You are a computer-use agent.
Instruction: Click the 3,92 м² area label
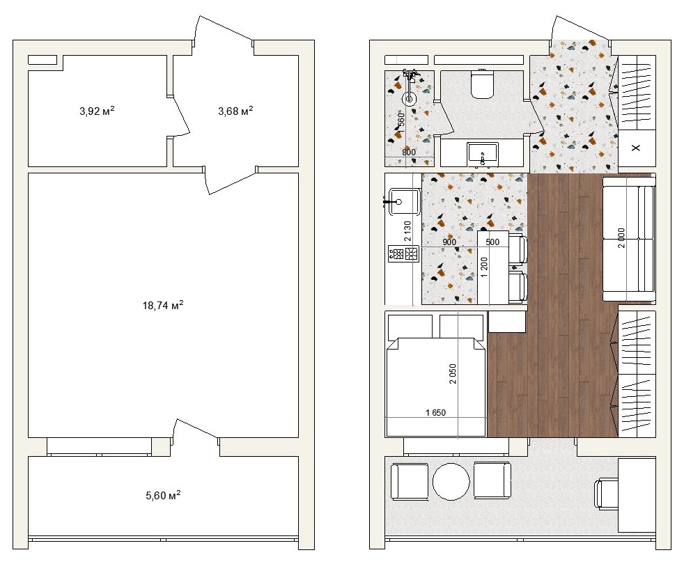point(97,111)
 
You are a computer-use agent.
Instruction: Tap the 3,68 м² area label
point(235,111)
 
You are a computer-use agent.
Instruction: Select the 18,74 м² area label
point(163,305)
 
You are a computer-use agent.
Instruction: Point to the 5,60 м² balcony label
point(163,495)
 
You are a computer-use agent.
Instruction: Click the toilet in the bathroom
point(482,84)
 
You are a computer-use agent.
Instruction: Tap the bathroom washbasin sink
point(483,155)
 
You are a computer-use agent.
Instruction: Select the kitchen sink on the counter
point(405,201)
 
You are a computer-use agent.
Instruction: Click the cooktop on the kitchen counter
point(403,253)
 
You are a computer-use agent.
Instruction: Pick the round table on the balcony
point(451,482)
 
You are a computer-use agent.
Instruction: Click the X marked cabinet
point(637,148)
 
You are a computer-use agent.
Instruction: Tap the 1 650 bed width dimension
point(435,412)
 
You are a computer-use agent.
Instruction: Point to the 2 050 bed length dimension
point(453,374)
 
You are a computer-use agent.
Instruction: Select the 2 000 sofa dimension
point(621,237)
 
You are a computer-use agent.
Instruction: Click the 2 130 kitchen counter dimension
point(407,231)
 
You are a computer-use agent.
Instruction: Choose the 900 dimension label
point(449,242)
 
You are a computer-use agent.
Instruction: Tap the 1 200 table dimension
point(484,267)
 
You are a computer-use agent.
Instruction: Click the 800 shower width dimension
point(409,152)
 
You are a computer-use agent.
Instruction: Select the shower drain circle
point(410,99)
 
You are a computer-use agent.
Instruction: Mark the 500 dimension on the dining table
point(492,242)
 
